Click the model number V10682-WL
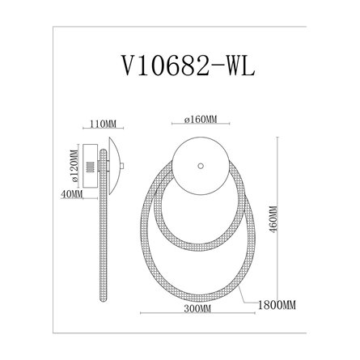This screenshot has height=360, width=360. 188,66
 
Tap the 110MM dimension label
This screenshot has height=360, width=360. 103,124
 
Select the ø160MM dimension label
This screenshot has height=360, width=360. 201,119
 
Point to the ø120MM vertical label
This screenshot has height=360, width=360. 74,166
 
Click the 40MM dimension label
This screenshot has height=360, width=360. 71,194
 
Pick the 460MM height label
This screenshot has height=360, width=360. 273,219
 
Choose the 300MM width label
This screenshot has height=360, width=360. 197,308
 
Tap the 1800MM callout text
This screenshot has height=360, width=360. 277,305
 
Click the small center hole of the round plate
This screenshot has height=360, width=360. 201,166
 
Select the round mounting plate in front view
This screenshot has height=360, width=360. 201,166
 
